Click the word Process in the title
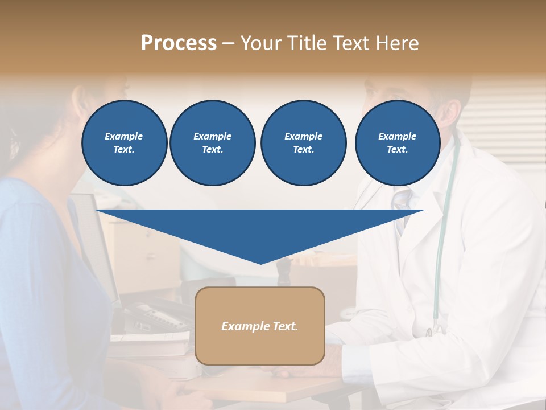pyautogui.click(x=179, y=43)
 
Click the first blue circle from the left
pyautogui.click(x=124, y=143)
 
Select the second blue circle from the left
pyautogui.click(x=212, y=143)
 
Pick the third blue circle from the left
pyautogui.click(x=303, y=143)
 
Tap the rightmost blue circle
pyautogui.click(x=397, y=143)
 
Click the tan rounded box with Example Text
pyautogui.click(x=260, y=326)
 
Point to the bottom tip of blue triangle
pyautogui.click(x=260, y=263)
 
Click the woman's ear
pyautogui.click(x=13, y=142)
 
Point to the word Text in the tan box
pyautogui.click(x=284, y=326)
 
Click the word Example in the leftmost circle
pyautogui.click(x=124, y=136)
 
